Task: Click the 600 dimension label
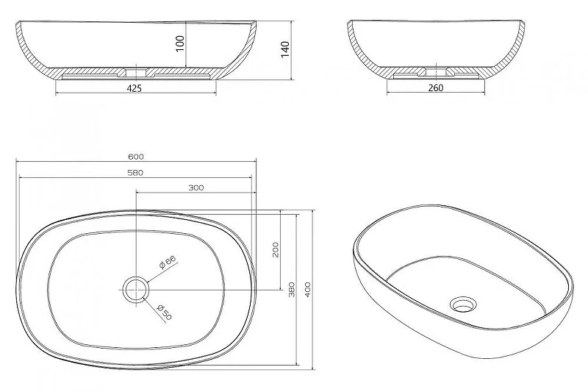click(x=136, y=157)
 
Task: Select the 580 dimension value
click(x=135, y=173)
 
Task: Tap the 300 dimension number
click(x=196, y=188)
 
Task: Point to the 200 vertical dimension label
click(x=276, y=249)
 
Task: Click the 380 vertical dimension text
click(x=292, y=289)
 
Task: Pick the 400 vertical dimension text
click(x=308, y=289)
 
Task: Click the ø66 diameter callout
click(x=168, y=263)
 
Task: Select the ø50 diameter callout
click(x=164, y=312)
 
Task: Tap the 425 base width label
click(x=135, y=88)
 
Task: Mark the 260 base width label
click(x=435, y=88)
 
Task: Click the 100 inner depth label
click(x=180, y=44)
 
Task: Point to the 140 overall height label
click(x=285, y=49)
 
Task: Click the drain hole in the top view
click(x=136, y=290)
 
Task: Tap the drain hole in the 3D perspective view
click(x=464, y=304)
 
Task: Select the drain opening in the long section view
click(x=136, y=72)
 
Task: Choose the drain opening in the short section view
click(x=436, y=71)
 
